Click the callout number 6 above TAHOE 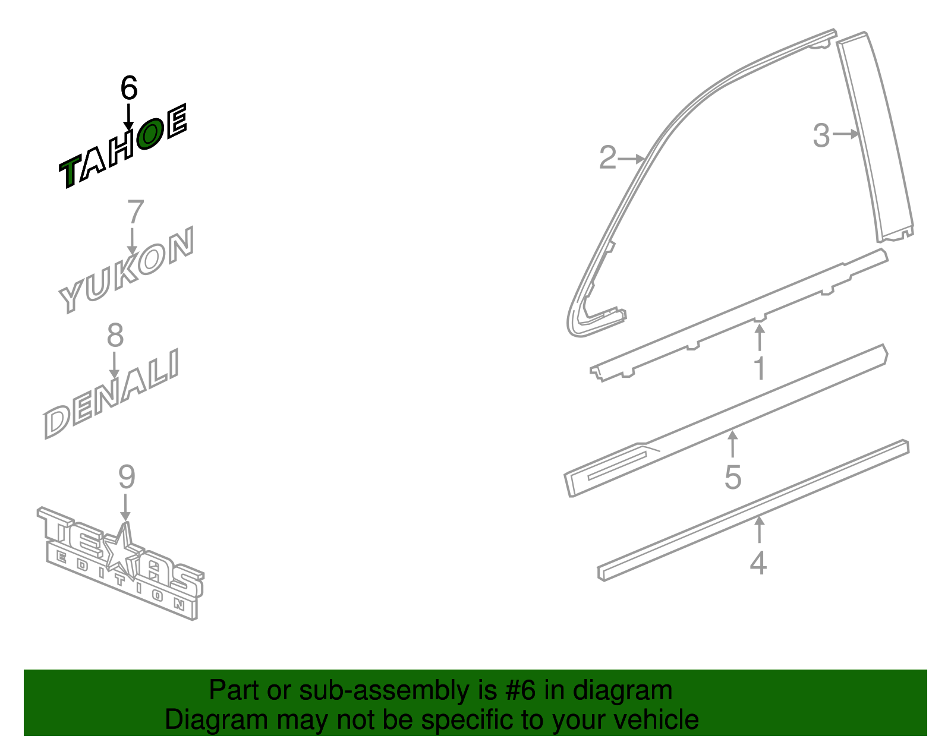(128, 87)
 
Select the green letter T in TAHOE (71, 172)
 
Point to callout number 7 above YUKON (136, 211)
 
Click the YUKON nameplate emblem (126, 269)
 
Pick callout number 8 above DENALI (115, 336)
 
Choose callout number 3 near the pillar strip (821, 135)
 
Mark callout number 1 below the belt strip (759, 368)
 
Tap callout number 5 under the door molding (733, 477)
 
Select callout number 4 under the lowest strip (758, 563)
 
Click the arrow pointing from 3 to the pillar (846, 133)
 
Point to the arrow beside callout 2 (631, 158)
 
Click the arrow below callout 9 (125, 507)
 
